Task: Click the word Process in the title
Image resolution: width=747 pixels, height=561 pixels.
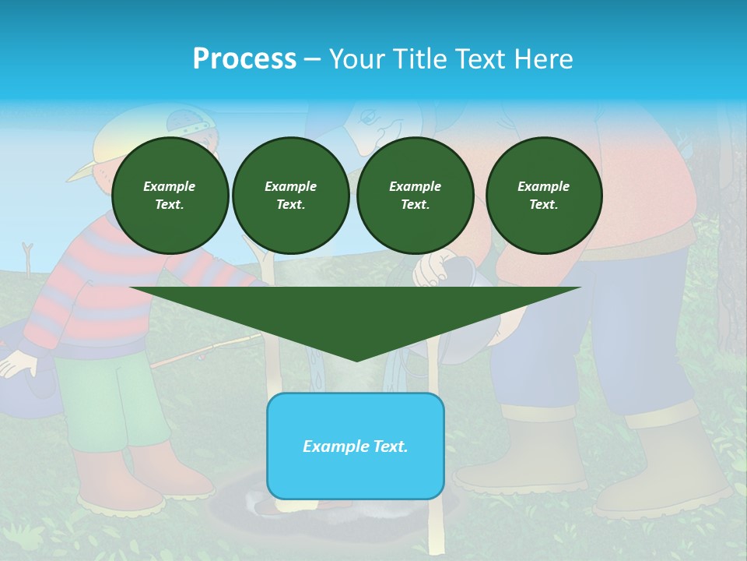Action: [x=244, y=59]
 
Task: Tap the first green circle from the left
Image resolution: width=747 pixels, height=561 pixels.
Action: [x=170, y=196]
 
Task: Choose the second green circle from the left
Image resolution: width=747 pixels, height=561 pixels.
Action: [x=290, y=196]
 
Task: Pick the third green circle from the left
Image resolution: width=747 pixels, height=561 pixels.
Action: [x=415, y=196]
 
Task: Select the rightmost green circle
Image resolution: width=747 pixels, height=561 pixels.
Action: [x=543, y=196]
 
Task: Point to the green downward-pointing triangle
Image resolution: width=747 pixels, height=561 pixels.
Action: [x=356, y=319]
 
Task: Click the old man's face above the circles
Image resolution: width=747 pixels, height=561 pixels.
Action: [x=381, y=125]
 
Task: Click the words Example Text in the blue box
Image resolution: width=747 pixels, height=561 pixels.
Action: [x=355, y=446]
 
